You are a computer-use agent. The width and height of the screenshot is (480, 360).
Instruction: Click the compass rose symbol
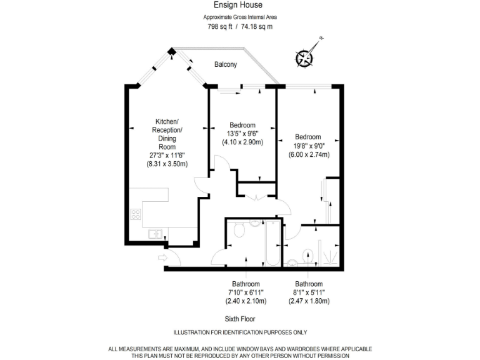coord(304,57)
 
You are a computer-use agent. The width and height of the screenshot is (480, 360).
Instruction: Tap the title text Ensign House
coord(240,4)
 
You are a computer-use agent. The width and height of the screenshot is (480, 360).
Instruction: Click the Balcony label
coord(226,64)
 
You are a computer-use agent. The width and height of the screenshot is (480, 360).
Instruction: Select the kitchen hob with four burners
coord(136,215)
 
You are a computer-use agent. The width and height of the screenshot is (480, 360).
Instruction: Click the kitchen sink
coord(154,234)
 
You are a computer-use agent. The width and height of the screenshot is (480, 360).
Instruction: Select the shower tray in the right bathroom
coord(328,250)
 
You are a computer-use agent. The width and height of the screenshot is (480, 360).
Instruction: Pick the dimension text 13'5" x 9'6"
coord(242,133)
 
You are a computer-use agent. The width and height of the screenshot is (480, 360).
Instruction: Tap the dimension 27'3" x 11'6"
coord(167,155)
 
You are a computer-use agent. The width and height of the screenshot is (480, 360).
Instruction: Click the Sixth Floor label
coord(239,319)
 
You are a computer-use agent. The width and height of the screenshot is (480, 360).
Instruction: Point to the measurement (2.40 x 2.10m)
coord(246,301)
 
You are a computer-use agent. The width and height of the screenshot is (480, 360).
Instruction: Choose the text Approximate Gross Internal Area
coord(240,17)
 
